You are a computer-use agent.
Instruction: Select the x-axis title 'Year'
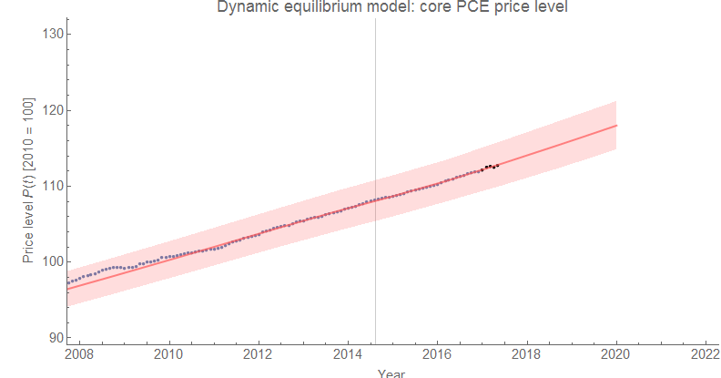tap(391, 373)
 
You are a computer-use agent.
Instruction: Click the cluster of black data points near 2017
tap(490, 167)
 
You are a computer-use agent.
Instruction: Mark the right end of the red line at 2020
tap(616, 126)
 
